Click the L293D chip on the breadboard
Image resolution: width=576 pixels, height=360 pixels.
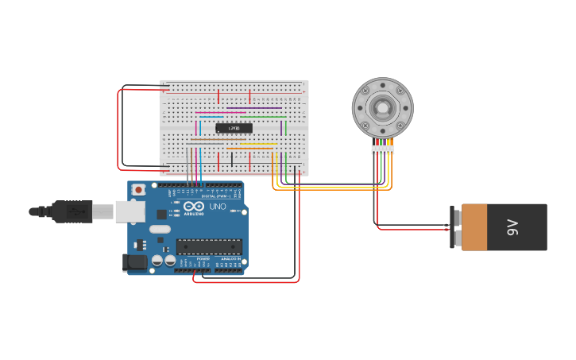(x=234, y=128)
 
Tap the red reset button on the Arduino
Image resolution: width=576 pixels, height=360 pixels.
(x=139, y=190)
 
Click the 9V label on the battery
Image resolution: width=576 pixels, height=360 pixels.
(x=512, y=227)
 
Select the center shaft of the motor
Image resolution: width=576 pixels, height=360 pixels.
(x=382, y=107)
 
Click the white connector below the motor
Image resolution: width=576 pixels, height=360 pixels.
(x=382, y=149)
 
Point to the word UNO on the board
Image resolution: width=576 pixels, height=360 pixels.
(x=217, y=207)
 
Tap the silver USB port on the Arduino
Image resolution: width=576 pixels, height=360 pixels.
(x=130, y=211)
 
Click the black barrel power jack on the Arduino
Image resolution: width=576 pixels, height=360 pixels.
(x=135, y=262)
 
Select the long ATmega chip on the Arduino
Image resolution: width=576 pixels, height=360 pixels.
(x=209, y=246)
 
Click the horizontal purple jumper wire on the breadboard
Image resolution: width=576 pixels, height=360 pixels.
(x=254, y=108)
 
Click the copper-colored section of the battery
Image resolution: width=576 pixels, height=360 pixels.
(x=485, y=227)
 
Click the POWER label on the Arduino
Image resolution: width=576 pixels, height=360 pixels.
(x=203, y=258)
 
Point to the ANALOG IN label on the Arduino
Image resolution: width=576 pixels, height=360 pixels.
(x=230, y=258)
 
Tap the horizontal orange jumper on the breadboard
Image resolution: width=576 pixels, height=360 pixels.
(x=250, y=148)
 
